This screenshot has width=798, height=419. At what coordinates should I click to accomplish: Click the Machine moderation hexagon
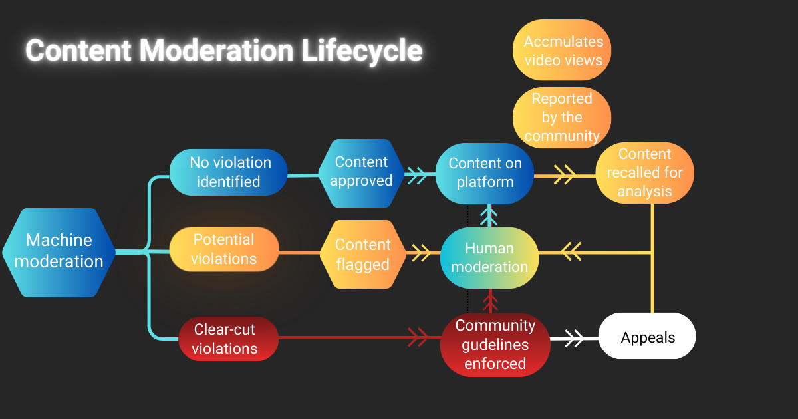[x=59, y=251]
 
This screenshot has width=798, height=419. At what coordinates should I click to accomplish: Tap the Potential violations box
[x=223, y=249]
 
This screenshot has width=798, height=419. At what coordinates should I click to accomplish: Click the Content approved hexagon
[x=361, y=172]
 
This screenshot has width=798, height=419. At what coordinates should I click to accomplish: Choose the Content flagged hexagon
[x=362, y=255]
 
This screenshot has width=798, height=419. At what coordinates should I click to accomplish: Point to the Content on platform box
[x=485, y=173]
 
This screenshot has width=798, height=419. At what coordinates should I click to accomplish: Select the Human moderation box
[x=489, y=257]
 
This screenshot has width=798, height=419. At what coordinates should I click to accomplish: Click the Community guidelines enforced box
[x=495, y=345]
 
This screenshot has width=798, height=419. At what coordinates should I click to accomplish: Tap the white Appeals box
[x=648, y=337]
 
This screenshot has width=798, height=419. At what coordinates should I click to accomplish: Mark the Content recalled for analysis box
[x=644, y=173]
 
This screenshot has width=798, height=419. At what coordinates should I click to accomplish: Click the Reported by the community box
[x=562, y=118]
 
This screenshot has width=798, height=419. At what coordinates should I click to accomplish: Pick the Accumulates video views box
[x=562, y=51]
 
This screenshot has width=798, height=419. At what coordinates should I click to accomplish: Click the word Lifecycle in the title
[x=362, y=51]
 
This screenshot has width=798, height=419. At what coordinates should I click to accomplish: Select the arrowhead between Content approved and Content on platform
[x=417, y=176]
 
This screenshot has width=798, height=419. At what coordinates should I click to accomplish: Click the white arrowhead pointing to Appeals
[x=574, y=338]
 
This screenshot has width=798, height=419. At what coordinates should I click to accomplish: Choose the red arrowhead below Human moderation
[x=489, y=303]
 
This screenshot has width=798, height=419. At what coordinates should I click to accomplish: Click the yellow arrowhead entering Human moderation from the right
[x=571, y=251]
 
